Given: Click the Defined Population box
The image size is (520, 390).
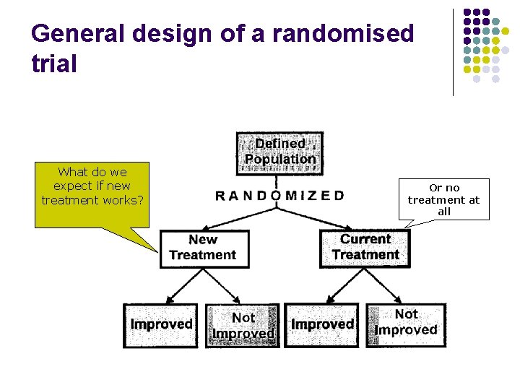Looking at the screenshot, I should coord(279,152).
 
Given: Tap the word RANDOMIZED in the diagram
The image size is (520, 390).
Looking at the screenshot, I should coord(279,196).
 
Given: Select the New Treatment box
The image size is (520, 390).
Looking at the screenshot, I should coord(204,248).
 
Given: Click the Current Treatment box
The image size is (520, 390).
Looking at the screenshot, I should coord(365,248).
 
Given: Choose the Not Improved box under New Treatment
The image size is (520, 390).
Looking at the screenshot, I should coord(243,326).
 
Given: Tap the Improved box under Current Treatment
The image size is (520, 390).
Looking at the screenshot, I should coord(323,325).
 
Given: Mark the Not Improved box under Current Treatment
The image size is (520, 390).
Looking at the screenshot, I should coord(406,323).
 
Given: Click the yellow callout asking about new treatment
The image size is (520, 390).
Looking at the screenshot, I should coord(92,192).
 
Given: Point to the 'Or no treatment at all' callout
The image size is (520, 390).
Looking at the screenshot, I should coord(443,199).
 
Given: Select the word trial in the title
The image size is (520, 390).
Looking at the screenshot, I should coord(54,64).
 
